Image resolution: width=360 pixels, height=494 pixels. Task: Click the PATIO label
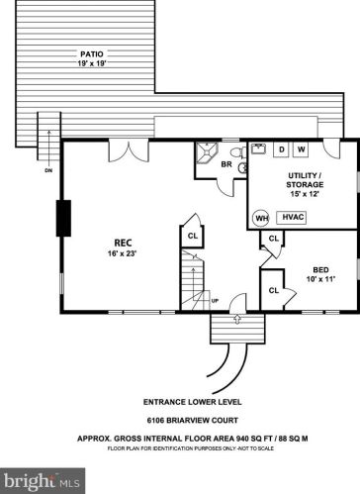92,54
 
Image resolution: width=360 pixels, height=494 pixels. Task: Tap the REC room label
123,243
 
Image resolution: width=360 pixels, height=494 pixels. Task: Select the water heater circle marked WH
262,218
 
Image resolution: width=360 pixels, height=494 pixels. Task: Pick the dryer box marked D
282,149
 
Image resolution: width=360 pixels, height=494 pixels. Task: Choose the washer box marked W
301,149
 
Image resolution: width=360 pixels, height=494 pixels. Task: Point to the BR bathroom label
226,164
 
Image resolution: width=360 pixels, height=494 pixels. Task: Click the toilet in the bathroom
238,152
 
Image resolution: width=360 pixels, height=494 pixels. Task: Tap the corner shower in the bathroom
207,152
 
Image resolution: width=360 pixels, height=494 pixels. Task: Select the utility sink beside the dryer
259,148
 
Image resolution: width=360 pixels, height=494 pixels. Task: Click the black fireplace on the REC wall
63,218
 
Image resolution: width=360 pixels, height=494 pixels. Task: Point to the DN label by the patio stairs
48,170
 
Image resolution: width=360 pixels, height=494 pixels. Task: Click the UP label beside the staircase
215,301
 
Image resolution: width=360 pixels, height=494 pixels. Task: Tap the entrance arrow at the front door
237,319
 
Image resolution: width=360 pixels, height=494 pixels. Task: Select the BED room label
320,270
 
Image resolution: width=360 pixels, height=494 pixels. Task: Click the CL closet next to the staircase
193,236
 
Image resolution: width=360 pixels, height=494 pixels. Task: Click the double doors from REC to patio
129,150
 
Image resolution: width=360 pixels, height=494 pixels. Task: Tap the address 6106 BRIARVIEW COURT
193,421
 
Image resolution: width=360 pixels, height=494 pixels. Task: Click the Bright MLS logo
43,481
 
